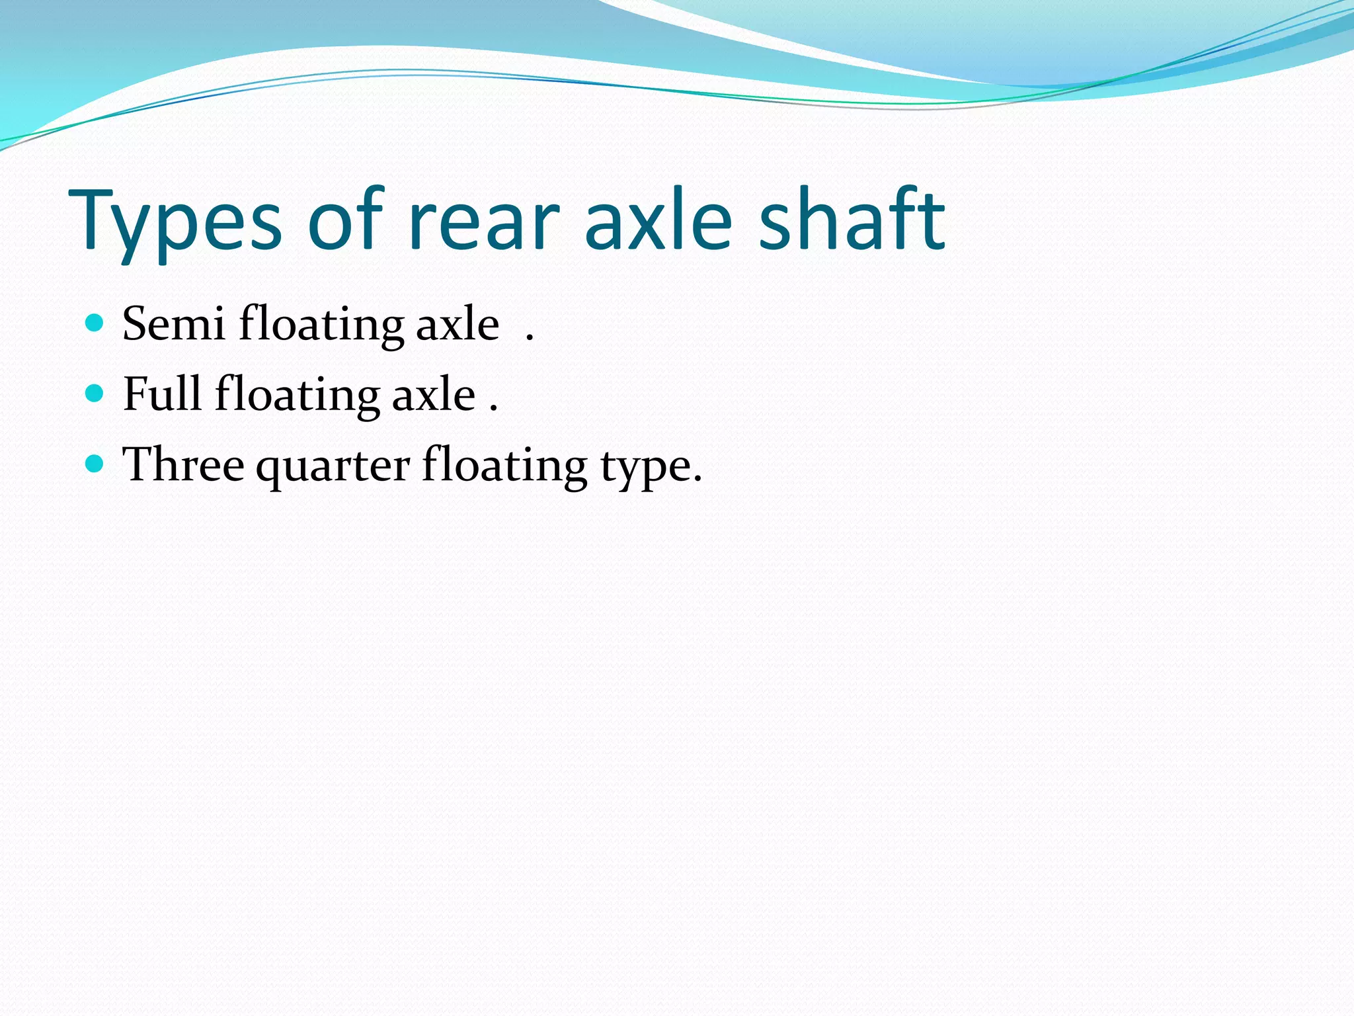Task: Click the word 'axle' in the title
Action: [x=658, y=218]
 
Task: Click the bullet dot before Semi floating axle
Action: [x=95, y=323]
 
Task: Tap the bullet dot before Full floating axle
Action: [x=95, y=394]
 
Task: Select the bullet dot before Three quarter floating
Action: [x=95, y=464]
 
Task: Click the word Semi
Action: [x=174, y=324]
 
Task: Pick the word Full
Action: [x=162, y=394]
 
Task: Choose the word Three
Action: [x=183, y=464]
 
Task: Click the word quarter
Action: [x=333, y=467]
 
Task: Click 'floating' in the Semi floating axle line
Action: [x=321, y=325]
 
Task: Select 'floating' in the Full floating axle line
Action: [x=297, y=396]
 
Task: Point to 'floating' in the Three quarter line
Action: [x=504, y=466]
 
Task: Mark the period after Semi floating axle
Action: [x=530, y=339]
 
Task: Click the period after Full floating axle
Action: [x=493, y=409]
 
